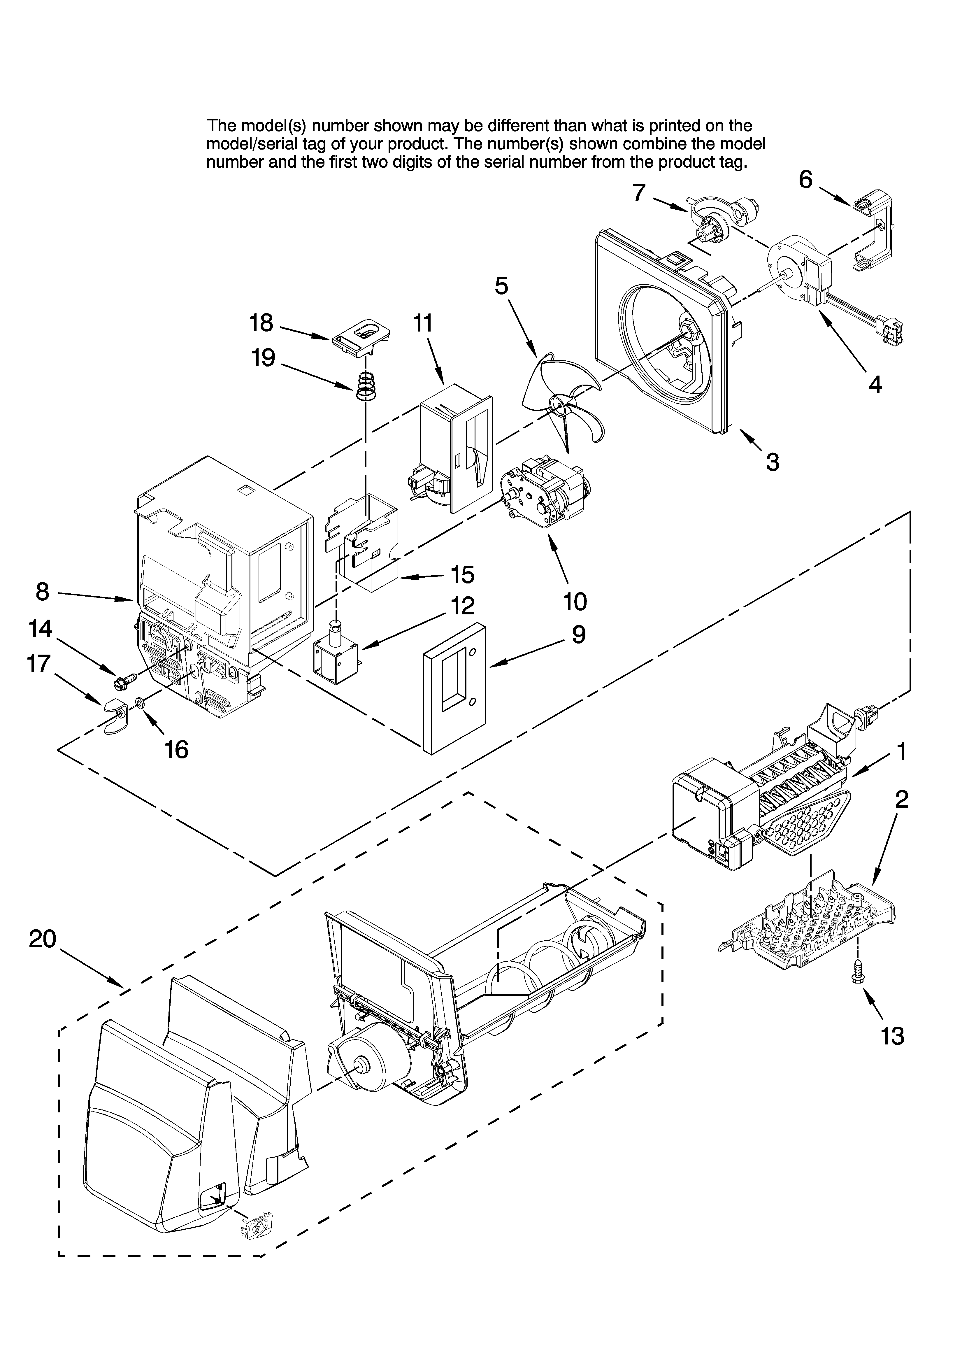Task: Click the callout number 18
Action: click(x=261, y=323)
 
